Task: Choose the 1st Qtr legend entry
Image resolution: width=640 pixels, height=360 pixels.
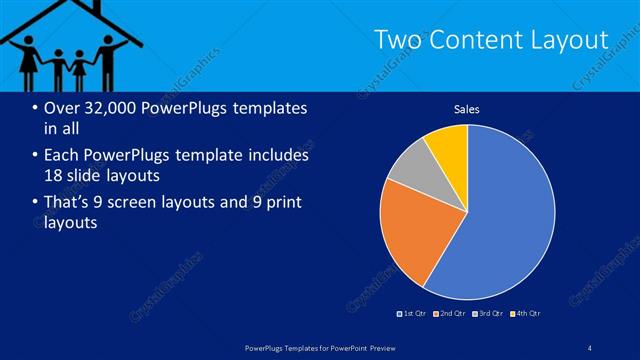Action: (x=413, y=314)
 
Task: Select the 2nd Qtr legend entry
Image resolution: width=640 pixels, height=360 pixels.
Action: (x=452, y=314)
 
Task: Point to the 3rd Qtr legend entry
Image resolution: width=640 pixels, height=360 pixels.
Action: (x=489, y=314)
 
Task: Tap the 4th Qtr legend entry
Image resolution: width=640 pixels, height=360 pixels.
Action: (x=526, y=314)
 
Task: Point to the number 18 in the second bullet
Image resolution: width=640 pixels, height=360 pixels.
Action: (x=53, y=176)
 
